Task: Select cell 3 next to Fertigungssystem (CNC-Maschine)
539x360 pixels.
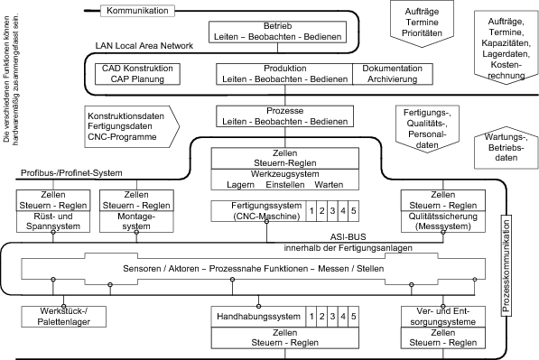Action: (x=331, y=211)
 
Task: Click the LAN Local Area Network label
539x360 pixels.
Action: (x=145, y=44)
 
